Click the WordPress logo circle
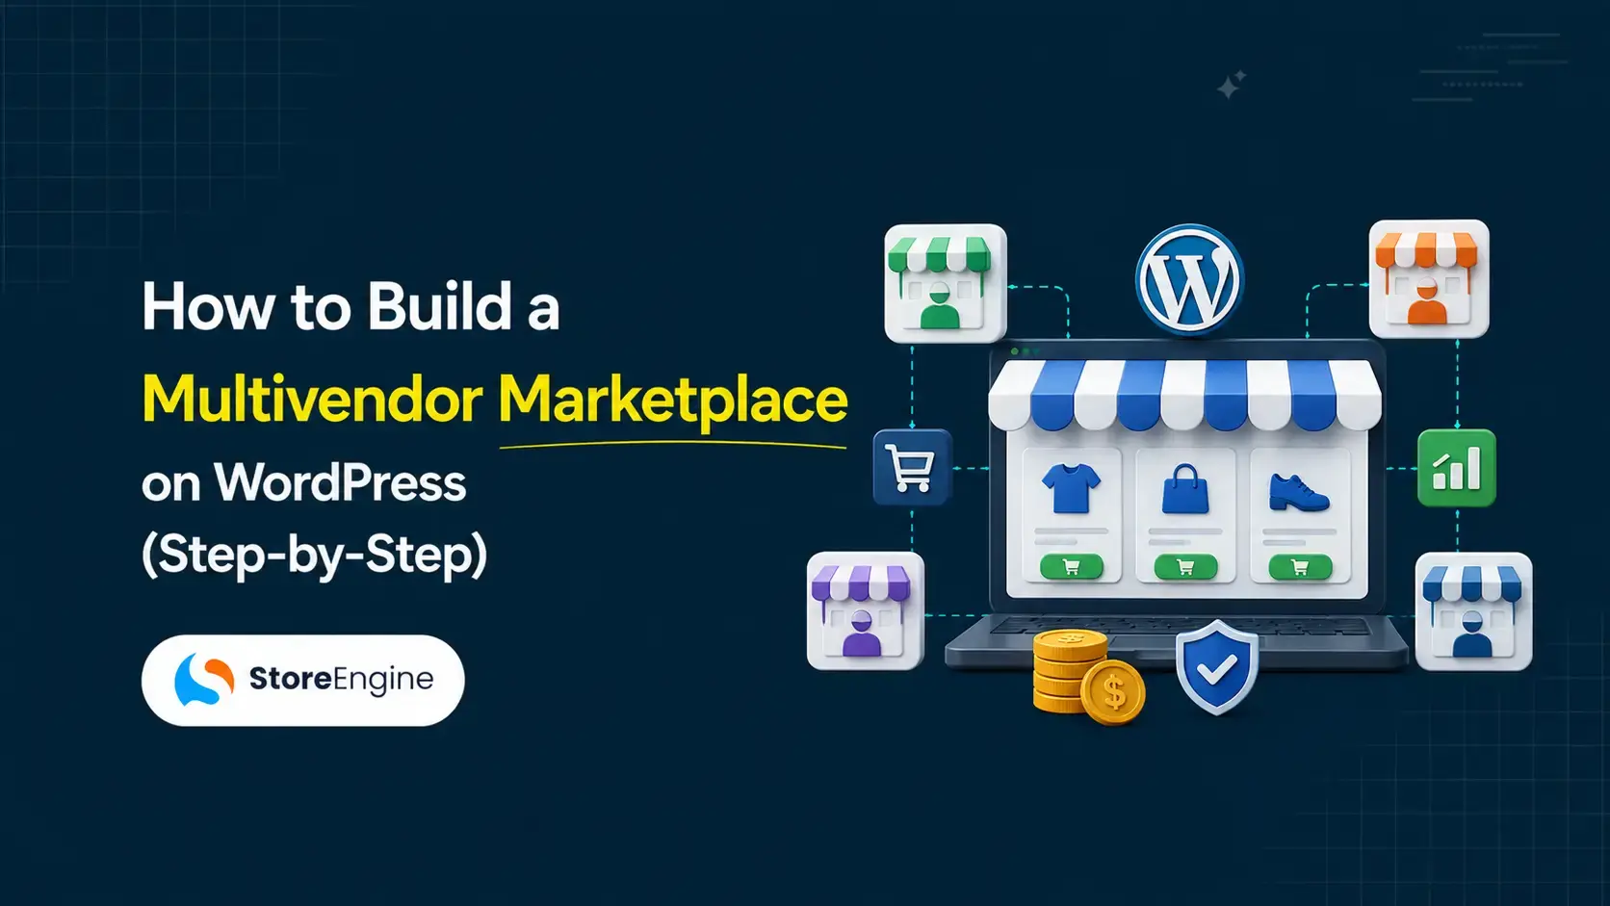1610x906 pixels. (1189, 279)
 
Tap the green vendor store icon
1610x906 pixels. (946, 283)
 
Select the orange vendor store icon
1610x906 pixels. (1429, 279)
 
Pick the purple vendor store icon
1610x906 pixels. (866, 610)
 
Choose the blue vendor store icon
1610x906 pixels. (1473, 611)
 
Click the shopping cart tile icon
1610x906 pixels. (912, 468)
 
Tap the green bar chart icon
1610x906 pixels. (1456, 468)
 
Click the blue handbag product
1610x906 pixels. (1185, 488)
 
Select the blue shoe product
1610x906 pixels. (1299, 492)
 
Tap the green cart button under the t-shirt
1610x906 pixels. (1072, 567)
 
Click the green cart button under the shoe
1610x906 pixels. (1300, 567)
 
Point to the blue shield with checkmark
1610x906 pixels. (1217, 667)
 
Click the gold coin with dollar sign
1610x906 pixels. (1112, 692)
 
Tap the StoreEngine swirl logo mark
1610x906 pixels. (204, 679)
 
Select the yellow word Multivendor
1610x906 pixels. (313, 399)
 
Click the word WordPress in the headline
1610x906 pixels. (340, 482)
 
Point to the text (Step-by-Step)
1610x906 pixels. (315, 555)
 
